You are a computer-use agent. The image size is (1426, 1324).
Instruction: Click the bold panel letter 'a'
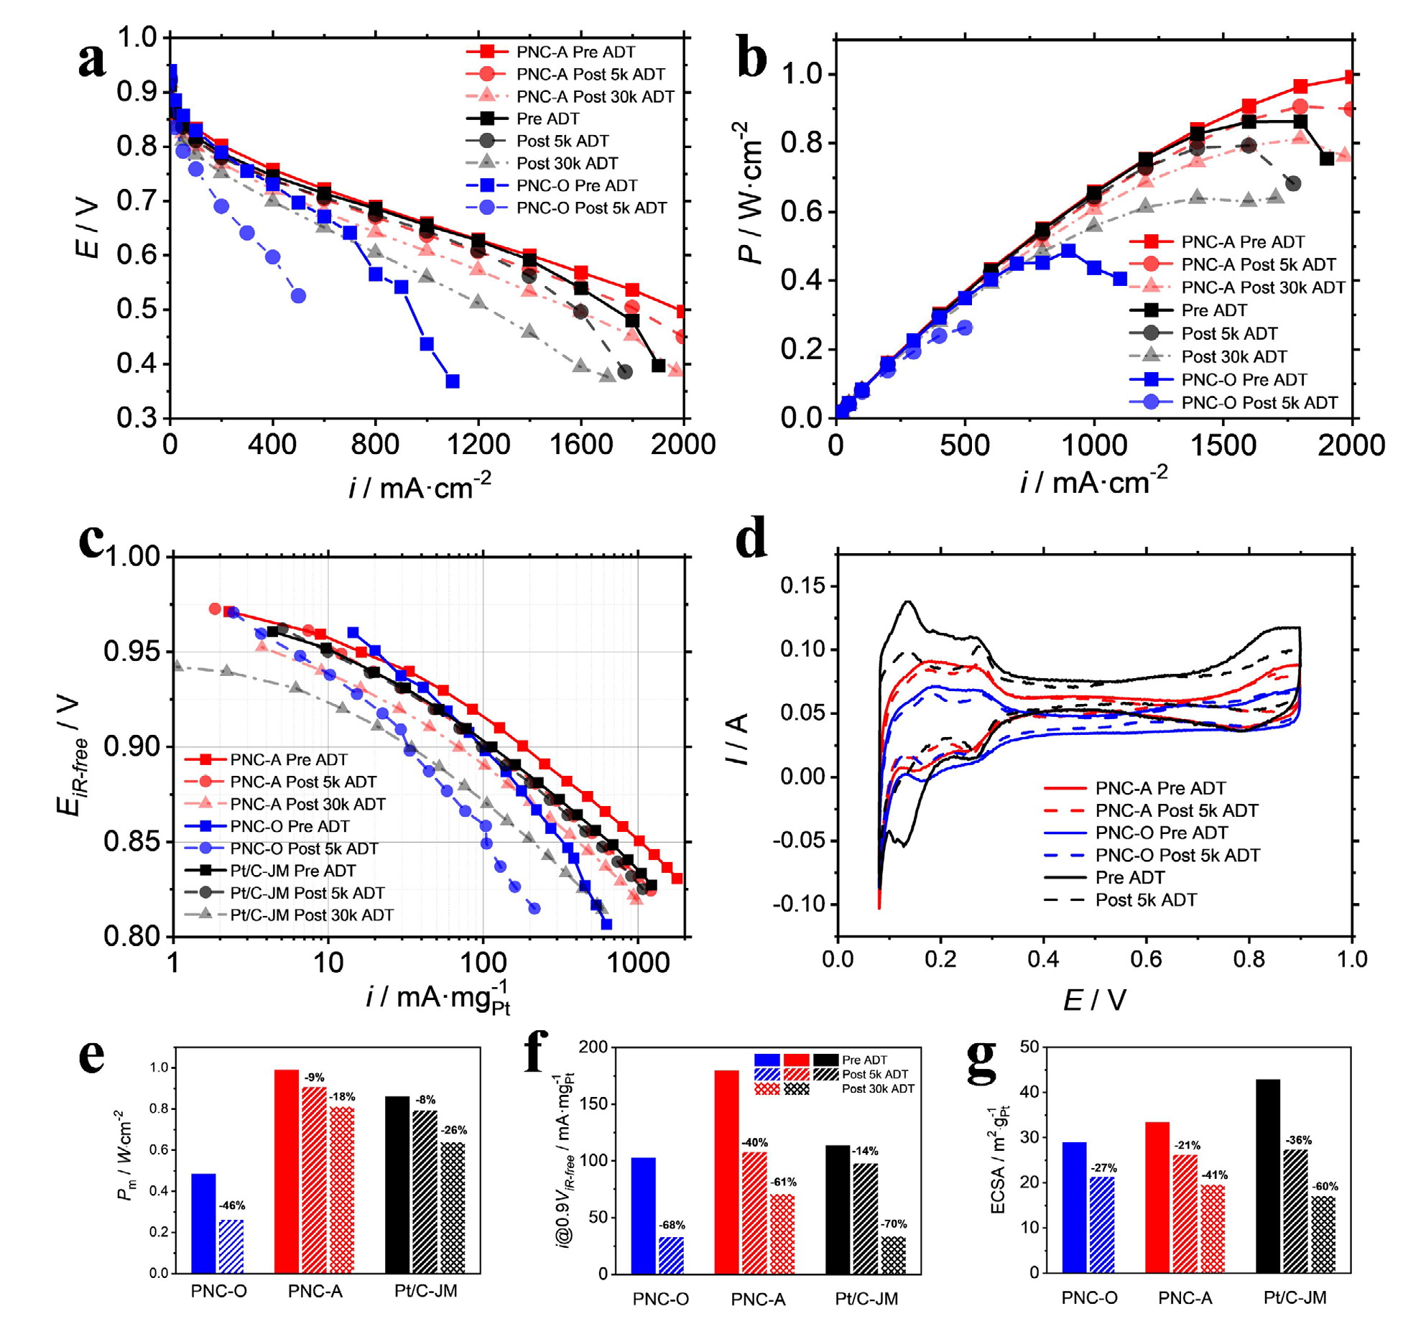[x=92, y=59]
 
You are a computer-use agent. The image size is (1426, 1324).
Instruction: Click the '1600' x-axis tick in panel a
[x=580, y=445]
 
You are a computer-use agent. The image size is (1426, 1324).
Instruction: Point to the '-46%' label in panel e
[x=231, y=1205]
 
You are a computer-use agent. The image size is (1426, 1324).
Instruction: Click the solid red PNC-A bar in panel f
[x=726, y=1172]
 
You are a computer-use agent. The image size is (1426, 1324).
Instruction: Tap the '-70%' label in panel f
[x=894, y=1223]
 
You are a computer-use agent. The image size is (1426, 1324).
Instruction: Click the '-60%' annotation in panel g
[x=1325, y=1186]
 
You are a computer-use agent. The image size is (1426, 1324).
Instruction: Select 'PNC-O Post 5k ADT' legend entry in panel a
[x=591, y=208]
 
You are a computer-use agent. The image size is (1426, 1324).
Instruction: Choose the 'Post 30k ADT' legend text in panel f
[x=878, y=1088]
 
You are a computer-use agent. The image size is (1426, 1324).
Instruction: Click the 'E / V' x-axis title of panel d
[x=1094, y=999]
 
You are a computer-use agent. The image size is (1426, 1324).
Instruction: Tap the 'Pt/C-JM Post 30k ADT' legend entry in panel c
[x=311, y=915]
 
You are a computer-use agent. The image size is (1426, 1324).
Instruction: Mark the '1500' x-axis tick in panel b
[x=1223, y=445]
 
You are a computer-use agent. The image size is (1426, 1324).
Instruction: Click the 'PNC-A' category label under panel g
[x=1185, y=1297]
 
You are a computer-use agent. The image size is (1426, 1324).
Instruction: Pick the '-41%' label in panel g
[x=1214, y=1175]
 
